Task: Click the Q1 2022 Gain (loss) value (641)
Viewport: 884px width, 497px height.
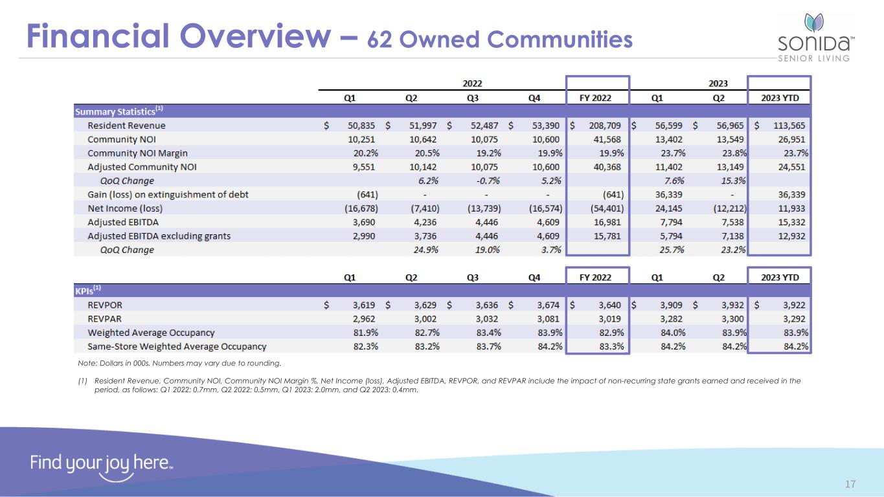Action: tap(367, 195)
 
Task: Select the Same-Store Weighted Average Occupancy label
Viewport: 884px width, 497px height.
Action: tap(177, 346)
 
